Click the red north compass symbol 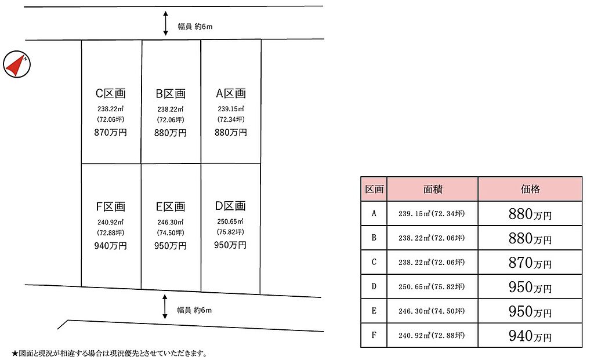pos(17,64)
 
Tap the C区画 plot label pos(110,93)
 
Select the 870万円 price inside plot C pos(110,133)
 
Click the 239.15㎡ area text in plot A pos(231,108)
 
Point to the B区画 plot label pos(171,93)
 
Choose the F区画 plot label pos(110,207)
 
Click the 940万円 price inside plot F pos(110,246)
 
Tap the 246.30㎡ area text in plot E pos(171,222)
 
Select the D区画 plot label pos(230,206)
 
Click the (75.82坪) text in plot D pos(230,232)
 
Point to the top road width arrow pos(165,23)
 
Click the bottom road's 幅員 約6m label pos(194,310)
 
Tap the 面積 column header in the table pos(432,189)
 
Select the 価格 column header pos(530,189)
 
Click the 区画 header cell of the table pos(374,189)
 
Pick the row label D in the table pos(374,286)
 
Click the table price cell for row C pos(530,263)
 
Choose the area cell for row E pos(432,311)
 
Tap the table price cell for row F pos(530,336)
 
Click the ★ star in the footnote pos(15,354)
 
